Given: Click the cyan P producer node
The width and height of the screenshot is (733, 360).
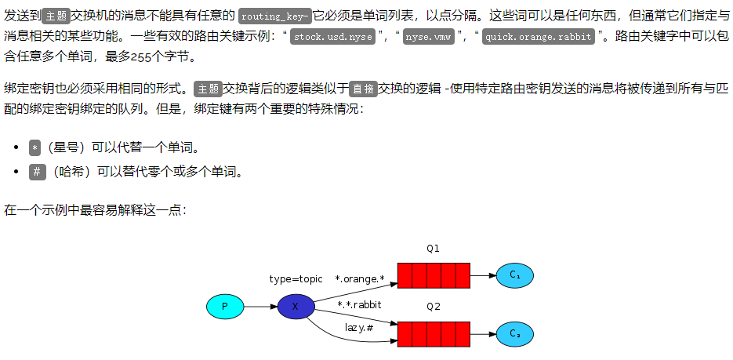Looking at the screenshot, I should pos(225,306).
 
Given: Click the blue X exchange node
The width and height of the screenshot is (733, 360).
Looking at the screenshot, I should pos(296,306).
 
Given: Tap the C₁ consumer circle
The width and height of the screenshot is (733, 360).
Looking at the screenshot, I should pos(514,275).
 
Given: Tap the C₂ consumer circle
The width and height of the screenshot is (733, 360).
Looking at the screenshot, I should pos(514,334).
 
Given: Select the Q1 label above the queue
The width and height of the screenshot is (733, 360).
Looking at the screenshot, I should pos(433,248).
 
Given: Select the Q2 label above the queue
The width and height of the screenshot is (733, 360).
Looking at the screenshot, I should pos(433,307).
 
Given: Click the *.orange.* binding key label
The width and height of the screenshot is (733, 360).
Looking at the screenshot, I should pos(360,278).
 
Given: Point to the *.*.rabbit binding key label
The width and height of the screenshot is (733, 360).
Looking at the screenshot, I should pos(359,304).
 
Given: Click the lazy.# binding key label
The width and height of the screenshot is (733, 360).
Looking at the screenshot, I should pos(359,327).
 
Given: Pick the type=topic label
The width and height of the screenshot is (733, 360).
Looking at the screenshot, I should pos(296,278).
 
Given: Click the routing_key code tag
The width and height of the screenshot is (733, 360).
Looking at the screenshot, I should pos(275,16).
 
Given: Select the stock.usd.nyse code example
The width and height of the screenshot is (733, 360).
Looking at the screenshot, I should pos(334,36).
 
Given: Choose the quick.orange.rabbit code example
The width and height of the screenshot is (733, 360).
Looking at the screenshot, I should pos(537,36).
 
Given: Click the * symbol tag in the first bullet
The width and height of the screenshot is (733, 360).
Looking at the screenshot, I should pos(35,147).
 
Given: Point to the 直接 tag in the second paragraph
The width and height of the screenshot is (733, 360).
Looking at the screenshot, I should pos(363,89).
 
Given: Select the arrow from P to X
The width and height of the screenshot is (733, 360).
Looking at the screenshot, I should pos(259,306).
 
